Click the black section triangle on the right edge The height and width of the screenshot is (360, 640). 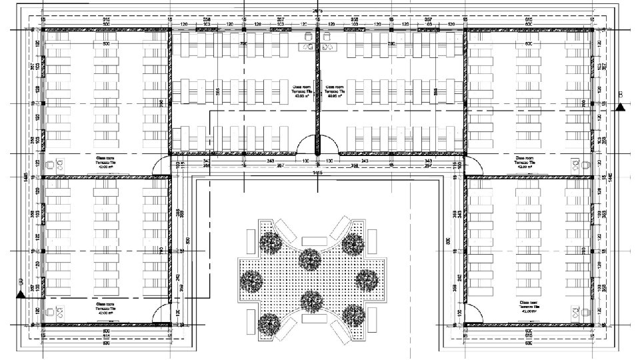[x=621, y=106]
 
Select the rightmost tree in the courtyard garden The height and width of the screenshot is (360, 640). [x=365, y=279]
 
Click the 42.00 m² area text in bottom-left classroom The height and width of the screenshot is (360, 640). [x=105, y=313]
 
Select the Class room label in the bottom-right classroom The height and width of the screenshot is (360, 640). [x=530, y=301]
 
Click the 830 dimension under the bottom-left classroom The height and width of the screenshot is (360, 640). [x=105, y=343]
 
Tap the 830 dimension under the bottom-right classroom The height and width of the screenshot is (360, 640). [x=529, y=343]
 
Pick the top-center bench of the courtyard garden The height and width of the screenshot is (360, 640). [x=311, y=240]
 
